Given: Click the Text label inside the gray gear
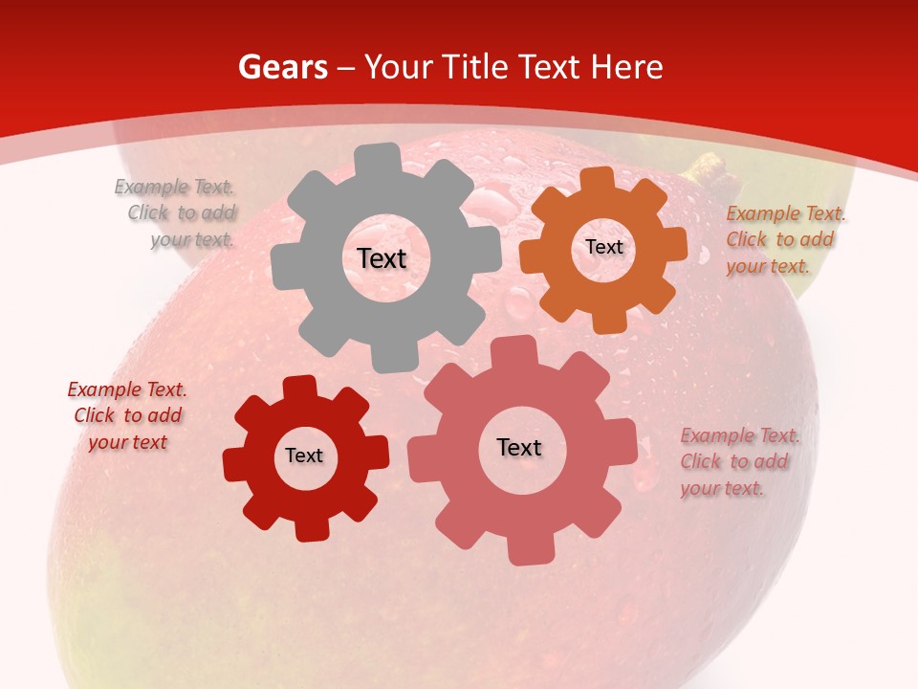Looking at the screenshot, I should [382, 258].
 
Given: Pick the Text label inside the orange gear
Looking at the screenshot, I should [603, 247].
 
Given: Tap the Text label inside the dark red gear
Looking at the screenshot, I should [304, 456].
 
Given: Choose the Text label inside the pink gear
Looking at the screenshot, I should [519, 448].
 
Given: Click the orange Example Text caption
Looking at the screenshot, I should [784, 240].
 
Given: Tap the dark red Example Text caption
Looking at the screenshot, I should [127, 415].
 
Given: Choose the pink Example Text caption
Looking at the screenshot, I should [738, 461].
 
